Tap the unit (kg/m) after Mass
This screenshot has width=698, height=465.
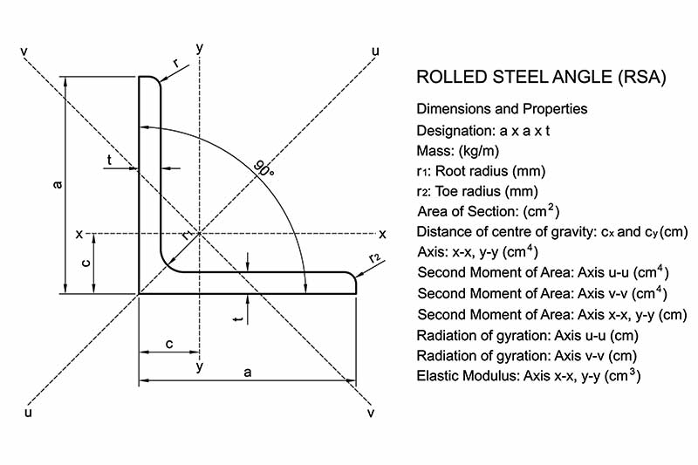pyautogui.click(x=478, y=151)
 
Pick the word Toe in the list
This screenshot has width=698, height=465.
pyautogui.click(x=448, y=191)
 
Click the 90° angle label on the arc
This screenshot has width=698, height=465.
pyautogui.click(x=263, y=168)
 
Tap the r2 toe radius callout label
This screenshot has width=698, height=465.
pyautogui.click(x=375, y=257)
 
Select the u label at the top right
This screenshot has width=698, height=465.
pyautogui.click(x=375, y=52)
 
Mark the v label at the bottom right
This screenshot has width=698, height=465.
pyautogui.click(x=370, y=414)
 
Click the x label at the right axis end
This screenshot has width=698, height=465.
pyautogui.click(x=382, y=234)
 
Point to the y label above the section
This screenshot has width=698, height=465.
pyautogui.click(x=200, y=48)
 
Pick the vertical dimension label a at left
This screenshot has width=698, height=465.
pyautogui.click(x=57, y=184)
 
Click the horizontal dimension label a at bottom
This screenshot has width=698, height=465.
pyautogui.click(x=248, y=372)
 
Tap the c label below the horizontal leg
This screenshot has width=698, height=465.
pyautogui.click(x=169, y=344)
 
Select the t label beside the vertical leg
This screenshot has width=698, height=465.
pyautogui.click(x=109, y=160)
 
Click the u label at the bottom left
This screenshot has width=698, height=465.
pyautogui.click(x=28, y=413)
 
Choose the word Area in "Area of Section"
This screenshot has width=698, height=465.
pyautogui.click(x=433, y=212)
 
